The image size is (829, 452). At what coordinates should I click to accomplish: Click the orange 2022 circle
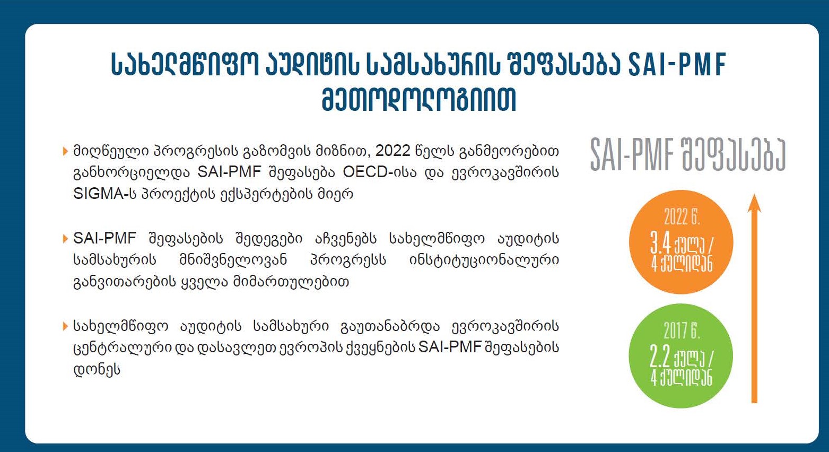681,242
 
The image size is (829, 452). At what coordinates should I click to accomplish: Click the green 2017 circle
681,356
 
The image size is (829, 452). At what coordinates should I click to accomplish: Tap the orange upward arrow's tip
754,194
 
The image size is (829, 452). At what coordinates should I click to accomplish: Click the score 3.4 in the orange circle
660,243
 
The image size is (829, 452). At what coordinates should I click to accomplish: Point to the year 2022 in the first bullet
392,151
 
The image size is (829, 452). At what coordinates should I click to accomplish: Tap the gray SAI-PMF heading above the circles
631,155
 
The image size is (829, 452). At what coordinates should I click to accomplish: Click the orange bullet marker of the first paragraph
66,151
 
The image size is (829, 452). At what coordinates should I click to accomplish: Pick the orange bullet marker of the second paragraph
66,239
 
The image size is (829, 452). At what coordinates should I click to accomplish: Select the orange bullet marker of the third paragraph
66,326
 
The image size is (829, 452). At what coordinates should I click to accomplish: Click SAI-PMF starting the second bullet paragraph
104,238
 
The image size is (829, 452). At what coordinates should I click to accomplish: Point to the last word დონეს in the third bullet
97,369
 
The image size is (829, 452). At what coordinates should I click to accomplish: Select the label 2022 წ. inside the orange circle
682,217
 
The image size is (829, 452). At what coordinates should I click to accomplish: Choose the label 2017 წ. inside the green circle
682,331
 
